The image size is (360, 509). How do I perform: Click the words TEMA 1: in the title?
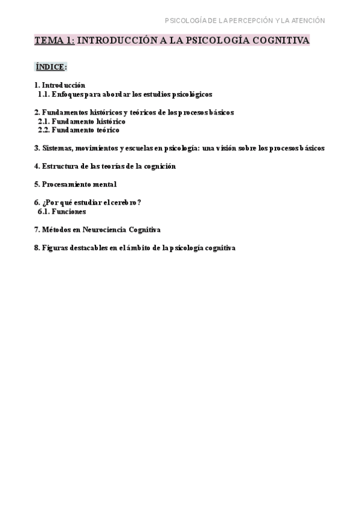coord(54,41)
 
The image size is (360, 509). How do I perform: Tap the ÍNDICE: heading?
coord(50,67)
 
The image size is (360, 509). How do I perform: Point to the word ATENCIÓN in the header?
coord(308,20)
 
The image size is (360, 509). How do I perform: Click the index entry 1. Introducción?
coord(59,85)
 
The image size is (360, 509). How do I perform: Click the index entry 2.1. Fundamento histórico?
coord(82,121)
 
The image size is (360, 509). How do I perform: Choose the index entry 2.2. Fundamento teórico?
coord(79,130)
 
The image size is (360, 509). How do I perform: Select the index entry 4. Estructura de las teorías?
coord(105,166)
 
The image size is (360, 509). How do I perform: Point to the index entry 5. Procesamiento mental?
coord(75,184)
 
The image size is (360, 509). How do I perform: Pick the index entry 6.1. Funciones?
coord(62,211)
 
